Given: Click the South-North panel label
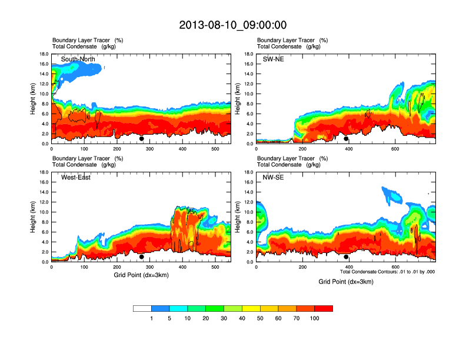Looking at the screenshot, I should [78, 59].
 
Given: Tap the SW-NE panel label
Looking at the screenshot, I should [274, 59].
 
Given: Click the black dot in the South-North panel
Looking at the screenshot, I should [142, 139].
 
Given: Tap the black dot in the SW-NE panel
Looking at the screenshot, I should [346, 139].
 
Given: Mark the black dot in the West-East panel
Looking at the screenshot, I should [142, 256].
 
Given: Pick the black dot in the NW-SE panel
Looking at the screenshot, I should [346, 256].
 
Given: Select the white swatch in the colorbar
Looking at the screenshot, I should [142, 308].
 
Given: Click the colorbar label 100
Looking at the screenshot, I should [315, 318].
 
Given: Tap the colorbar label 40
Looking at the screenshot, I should [242, 318].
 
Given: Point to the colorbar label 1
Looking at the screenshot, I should [152, 318].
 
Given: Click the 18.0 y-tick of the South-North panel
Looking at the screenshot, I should [44, 54].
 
